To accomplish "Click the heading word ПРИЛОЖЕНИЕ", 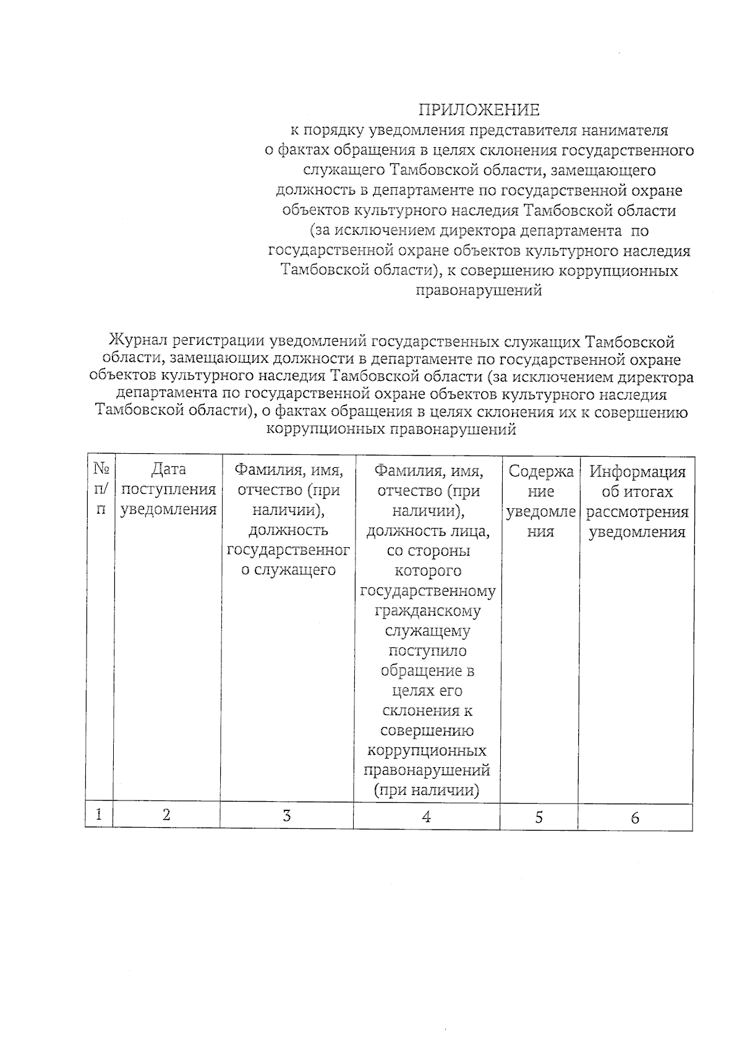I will click(x=479, y=110).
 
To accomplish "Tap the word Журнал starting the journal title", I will click(x=137, y=341).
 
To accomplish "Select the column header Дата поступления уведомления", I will click(x=168, y=490).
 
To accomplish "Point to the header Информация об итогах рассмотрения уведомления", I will click(x=637, y=501).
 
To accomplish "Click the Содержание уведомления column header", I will click(x=540, y=501).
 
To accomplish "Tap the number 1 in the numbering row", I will click(x=99, y=814).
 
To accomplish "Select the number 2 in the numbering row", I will click(x=167, y=815).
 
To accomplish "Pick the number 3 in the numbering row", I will click(x=287, y=815).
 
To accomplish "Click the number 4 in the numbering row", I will click(x=426, y=816).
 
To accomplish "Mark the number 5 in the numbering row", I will click(x=539, y=817).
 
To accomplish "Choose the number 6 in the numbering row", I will click(x=635, y=818).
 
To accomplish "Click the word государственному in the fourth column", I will click(x=427, y=591).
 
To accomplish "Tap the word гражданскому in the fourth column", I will click(x=427, y=611).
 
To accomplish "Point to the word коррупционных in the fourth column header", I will click(x=427, y=750).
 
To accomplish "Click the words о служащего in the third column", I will click(x=288, y=570).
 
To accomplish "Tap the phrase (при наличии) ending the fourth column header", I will click(x=427, y=790).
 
